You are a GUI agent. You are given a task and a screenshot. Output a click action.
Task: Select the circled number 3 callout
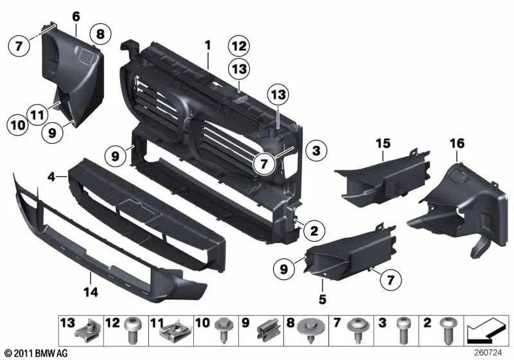point(315,152)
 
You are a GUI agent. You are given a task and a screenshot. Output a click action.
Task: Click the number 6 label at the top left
point(76,16)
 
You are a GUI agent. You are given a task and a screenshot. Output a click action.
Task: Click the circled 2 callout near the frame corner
point(315,229)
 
